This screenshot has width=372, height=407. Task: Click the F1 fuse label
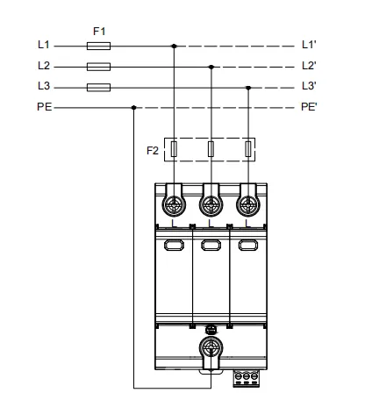99,31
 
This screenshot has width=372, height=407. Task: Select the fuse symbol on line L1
98,46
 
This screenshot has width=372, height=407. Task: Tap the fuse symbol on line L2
98,67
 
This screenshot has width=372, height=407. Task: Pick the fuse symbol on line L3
98,88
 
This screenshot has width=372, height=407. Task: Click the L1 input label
44,45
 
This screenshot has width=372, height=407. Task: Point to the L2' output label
309,66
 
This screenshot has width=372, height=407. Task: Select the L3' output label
309,86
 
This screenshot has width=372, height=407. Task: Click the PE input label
45,107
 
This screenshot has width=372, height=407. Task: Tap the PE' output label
309,107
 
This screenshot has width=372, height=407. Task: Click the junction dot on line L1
174,46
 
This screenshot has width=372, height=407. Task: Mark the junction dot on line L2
211,67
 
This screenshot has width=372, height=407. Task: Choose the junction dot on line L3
248,88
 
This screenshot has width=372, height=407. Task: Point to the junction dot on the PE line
133,108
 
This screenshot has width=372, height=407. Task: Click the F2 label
153,151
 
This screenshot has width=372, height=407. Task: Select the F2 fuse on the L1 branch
174,149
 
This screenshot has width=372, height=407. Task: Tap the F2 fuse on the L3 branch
248,149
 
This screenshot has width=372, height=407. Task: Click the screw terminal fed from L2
211,205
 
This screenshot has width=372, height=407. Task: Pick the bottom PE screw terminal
211,348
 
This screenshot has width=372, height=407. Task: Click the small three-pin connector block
247,378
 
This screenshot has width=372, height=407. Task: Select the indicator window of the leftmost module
174,245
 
